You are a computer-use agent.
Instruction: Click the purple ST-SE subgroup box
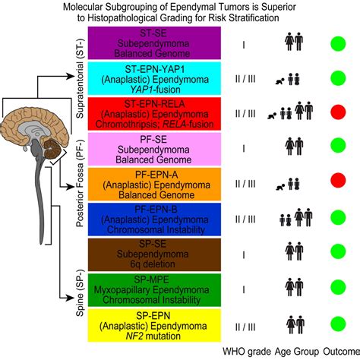point(154,43)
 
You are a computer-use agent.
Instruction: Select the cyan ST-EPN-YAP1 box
point(154,78)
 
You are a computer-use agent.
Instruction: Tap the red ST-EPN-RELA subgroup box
point(154,114)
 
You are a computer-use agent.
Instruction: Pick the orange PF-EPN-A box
point(154,184)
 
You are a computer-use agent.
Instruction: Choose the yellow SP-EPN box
point(154,325)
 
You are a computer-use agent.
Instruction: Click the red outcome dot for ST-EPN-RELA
point(338,112)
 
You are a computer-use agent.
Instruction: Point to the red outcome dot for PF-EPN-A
point(338,180)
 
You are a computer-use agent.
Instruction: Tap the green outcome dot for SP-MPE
point(338,287)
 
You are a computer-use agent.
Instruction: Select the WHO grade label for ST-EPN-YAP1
point(245,79)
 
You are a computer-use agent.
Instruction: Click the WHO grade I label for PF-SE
point(244,148)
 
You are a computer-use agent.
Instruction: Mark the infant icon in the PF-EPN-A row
point(280,187)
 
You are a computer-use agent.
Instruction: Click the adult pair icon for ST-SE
point(294,42)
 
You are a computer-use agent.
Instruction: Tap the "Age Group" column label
point(297,352)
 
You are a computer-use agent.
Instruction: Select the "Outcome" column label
point(341,352)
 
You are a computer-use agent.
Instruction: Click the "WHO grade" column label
point(247,352)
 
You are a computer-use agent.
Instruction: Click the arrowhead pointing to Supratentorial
point(70,76)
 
